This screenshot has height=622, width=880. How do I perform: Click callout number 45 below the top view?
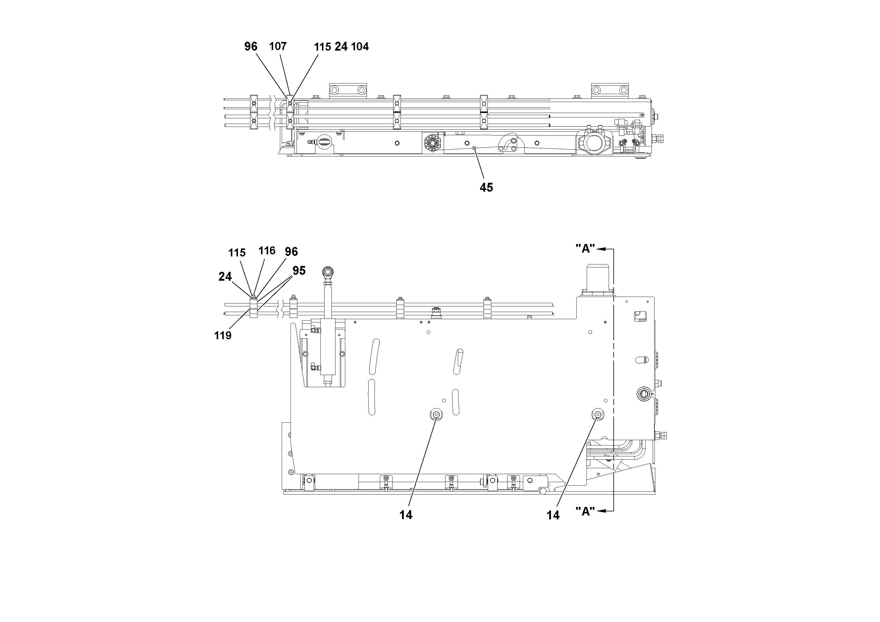click(486, 188)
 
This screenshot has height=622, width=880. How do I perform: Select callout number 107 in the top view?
click(278, 46)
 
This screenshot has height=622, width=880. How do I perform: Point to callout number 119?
click(223, 335)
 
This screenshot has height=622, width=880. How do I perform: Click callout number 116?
click(267, 251)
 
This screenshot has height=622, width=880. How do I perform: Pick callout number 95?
click(299, 271)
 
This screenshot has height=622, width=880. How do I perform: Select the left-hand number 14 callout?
click(406, 515)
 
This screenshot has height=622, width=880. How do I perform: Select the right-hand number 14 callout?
click(553, 516)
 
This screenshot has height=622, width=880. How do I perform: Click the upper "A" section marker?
click(585, 248)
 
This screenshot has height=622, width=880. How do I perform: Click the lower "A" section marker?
click(585, 511)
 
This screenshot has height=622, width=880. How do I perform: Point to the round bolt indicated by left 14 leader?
click(436, 414)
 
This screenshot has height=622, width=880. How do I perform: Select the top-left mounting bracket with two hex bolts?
click(348, 91)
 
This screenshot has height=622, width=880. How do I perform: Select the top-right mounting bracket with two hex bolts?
click(610, 91)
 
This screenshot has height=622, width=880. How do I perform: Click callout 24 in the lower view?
click(225, 277)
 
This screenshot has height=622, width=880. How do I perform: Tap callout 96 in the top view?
click(251, 46)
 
